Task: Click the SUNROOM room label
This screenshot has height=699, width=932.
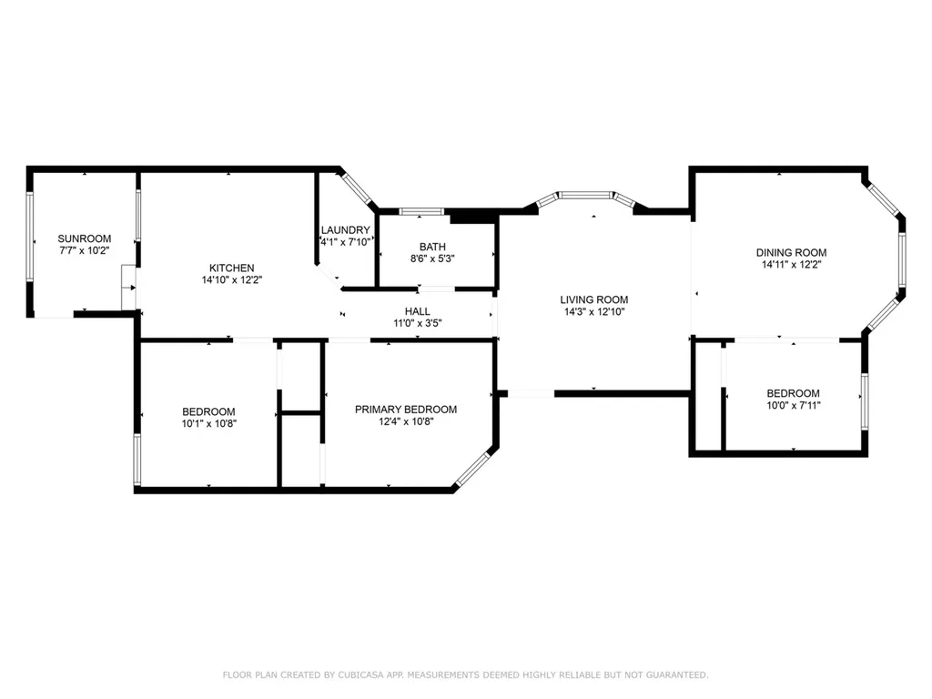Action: [85, 239]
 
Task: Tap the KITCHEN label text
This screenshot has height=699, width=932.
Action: [232, 268]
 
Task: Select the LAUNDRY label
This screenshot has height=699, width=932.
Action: [345, 230]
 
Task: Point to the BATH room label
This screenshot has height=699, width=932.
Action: [432, 247]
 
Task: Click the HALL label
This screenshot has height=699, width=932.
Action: [417, 311]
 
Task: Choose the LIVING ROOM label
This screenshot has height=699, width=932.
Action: [593, 299]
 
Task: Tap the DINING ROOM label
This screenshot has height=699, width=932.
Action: [791, 253]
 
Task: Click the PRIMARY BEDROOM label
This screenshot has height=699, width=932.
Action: [406, 410]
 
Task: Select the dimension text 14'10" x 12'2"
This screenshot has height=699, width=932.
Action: [232, 280]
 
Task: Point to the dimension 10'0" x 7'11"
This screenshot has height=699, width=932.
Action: [793, 405]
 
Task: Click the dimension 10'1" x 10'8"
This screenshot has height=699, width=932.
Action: [208, 424]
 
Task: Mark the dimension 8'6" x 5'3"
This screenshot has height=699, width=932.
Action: [432, 258]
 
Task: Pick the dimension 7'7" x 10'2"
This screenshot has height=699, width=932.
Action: [85, 251]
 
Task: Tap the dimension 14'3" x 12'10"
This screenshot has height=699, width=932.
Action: [593, 311]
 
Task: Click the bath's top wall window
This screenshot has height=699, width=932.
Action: [420, 211]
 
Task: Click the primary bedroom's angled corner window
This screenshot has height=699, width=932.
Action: [471, 467]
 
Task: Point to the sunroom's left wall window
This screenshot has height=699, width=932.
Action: [30, 236]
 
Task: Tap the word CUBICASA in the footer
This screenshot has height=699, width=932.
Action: [360, 675]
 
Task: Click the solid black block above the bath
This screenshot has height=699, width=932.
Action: [473, 217]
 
